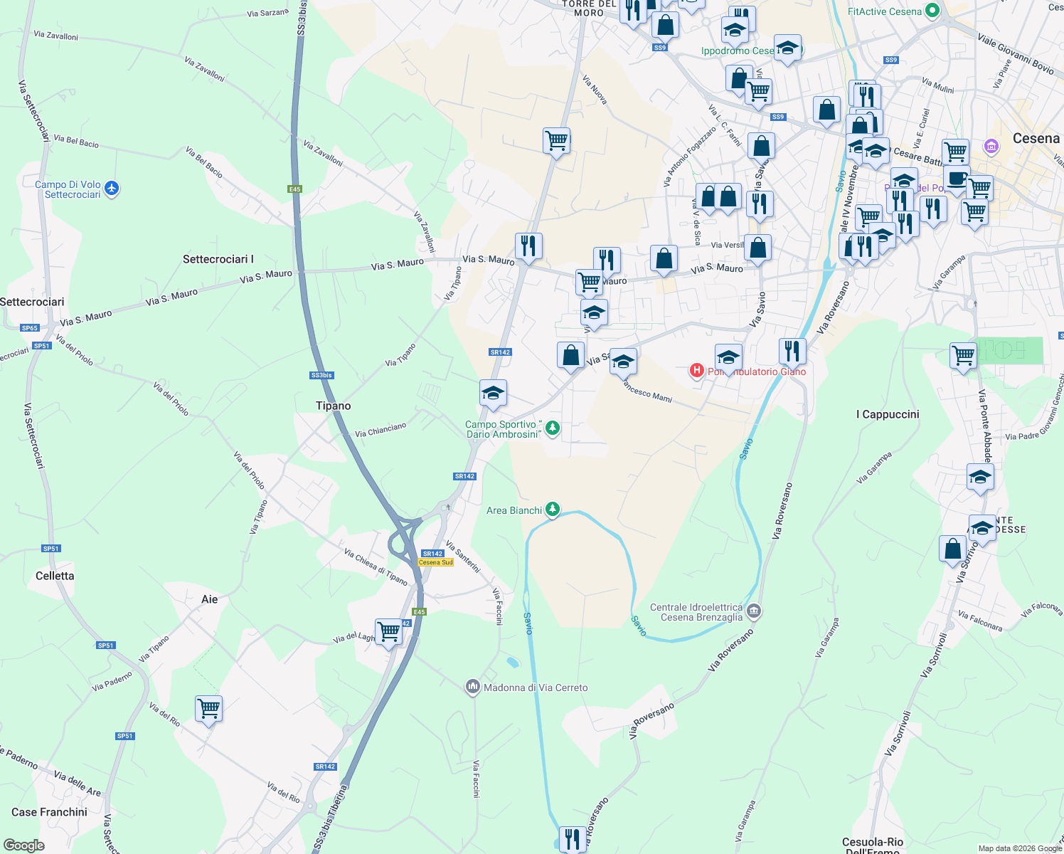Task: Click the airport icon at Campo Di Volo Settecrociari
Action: pyautogui.click(x=111, y=189)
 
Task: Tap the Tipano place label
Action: pyautogui.click(x=333, y=406)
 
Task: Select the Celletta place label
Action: pyautogui.click(x=55, y=576)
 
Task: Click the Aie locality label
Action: pyautogui.click(x=209, y=599)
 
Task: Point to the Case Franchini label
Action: pyautogui.click(x=49, y=812)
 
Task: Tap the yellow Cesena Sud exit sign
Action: pyautogui.click(x=435, y=562)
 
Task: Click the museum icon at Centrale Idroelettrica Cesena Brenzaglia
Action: pyautogui.click(x=754, y=611)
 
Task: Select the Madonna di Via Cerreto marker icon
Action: pyautogui.click(x=473, y=687)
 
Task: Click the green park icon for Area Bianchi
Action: pyautogui.click(x=553, y=510)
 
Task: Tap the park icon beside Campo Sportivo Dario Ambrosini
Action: pyautogui.click(x=553, y=428)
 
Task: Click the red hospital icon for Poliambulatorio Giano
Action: pyautogui.click(x=697, y=370)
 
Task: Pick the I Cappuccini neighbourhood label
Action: pyautogui.click(x=888, y=414)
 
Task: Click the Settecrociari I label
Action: pyautogui.click(x=218, y=259)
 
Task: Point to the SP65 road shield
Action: pyautogui.click(x=29, y=328)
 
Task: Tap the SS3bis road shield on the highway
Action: pyautogui.click(x=321, y=375)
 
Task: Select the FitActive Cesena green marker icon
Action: pyautogui.click(x=933, y=11)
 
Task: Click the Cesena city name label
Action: pyautogui.click(x=1036, y=138)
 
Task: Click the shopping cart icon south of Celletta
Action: pyautogui.click(x=208, y=709)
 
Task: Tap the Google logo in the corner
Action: pyautogui.click(x=23, y=845)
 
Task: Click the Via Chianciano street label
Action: pyautogui.click(x=381, y=430)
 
